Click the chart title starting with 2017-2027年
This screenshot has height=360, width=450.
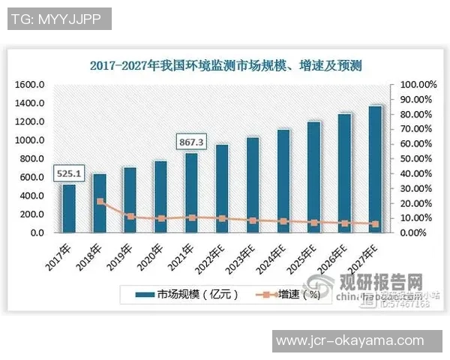(x=225, y=66)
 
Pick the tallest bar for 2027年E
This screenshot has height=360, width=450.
(x=375, y=169)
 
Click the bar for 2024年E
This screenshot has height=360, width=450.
(x=283, y=181)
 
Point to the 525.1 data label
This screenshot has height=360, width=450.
(x=68, y=173)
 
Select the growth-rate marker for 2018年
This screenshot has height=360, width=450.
(x=100, y=202)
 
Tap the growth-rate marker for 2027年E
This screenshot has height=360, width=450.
(x=375, y=224)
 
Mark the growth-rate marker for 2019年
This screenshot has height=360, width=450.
(x=130, y=216)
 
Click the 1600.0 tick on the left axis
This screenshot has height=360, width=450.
(x=31, y=85)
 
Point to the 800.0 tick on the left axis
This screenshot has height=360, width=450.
(x=33, y=159)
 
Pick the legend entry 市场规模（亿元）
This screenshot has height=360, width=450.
(x=187, y=295)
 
